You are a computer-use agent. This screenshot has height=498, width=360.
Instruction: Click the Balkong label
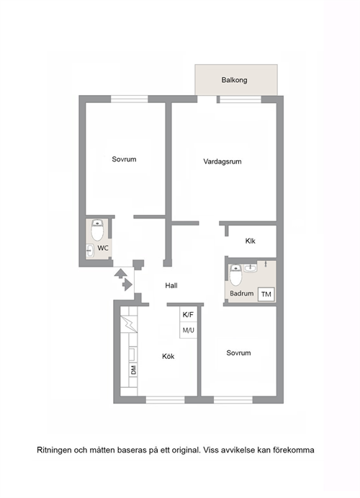click(x=234, y=80)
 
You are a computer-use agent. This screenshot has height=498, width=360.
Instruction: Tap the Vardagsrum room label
click(x=222, y=161)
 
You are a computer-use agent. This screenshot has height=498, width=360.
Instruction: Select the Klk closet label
click(x=251, y=241)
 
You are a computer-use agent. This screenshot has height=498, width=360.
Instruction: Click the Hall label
click(x=171, y=285)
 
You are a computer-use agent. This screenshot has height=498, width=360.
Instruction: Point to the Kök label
click(x=168, y=356)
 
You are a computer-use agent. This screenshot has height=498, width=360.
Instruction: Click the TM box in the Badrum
click(x=266, y=294)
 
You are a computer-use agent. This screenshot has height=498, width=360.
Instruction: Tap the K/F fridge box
click(x=188, y=315)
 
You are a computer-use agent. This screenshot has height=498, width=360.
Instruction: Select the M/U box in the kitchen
click(x=188, y=330)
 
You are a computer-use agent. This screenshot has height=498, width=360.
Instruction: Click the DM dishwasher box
click(x=133, y=370)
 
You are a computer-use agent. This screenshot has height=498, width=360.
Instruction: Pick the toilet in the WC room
click(x=97, y=230)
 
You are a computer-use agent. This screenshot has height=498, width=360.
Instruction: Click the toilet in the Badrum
click(x=235, y=275)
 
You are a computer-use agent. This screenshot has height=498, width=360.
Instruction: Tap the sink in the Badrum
click(x=251, y=269)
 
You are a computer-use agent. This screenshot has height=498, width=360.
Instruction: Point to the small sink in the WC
click(x=90, y=251)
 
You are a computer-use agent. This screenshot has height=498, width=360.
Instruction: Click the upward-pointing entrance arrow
click(x=120, y=274)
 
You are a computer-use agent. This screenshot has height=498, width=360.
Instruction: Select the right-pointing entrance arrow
click(x=127, y=285)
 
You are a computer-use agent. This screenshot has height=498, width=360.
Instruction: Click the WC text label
click(x=103, y=248)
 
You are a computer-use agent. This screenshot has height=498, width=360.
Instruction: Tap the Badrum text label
click(x=242, y=293)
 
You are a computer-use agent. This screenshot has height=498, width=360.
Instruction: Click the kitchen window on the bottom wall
click(x=166, y=399)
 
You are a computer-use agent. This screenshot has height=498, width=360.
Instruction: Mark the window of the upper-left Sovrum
click(x=130, y=99)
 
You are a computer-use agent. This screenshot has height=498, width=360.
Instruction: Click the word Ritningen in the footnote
click(x=54, y=450)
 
